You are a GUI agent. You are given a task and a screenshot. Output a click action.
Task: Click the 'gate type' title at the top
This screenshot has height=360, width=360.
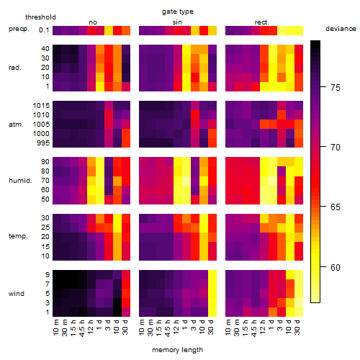(x=178, y=12)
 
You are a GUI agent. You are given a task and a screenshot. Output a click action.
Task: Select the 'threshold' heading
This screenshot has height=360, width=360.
(x=40, y=17)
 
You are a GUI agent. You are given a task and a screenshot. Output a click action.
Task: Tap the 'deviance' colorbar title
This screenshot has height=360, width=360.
(x=341, y=29)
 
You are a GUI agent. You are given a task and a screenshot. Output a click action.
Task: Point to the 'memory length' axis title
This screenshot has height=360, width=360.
(x=178, y=350)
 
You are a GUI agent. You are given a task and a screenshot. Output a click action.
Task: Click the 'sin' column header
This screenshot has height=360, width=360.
(x=177, y=22)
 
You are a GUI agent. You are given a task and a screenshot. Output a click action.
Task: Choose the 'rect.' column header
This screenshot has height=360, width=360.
(x=262, y=22)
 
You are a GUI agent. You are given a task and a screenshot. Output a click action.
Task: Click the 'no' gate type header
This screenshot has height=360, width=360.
(x=93, y=22)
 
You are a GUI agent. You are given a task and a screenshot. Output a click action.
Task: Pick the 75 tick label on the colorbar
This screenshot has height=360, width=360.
(x=336, y=87)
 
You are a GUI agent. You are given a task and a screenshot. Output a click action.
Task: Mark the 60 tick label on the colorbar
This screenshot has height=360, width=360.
(x=336, y=267)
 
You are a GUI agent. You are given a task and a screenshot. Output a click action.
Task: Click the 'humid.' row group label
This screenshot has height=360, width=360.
(x=20, y=181)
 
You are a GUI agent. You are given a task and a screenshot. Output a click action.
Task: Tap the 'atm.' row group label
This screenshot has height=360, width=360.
(x=16, y=125)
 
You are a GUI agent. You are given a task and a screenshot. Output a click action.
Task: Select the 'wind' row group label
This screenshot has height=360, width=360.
(x=17, y=294)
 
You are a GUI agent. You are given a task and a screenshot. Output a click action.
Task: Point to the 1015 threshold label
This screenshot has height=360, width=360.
(x=41, y=106)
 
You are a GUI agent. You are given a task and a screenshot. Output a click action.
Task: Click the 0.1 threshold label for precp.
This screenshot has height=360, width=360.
(x=44, y=30)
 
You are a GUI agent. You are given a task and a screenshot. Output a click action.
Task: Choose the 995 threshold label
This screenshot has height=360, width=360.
(x=43, y=143)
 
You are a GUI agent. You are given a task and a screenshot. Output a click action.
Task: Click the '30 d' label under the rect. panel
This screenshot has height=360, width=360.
(x=297, y=327)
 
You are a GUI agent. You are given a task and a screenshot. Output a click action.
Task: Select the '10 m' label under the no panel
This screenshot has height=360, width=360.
(x=55, y=328)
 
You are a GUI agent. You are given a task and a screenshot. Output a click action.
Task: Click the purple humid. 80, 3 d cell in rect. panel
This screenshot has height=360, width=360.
(x=282, y=171)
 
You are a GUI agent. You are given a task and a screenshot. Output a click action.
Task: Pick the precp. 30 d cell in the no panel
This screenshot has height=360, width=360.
(x=126, y=30)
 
